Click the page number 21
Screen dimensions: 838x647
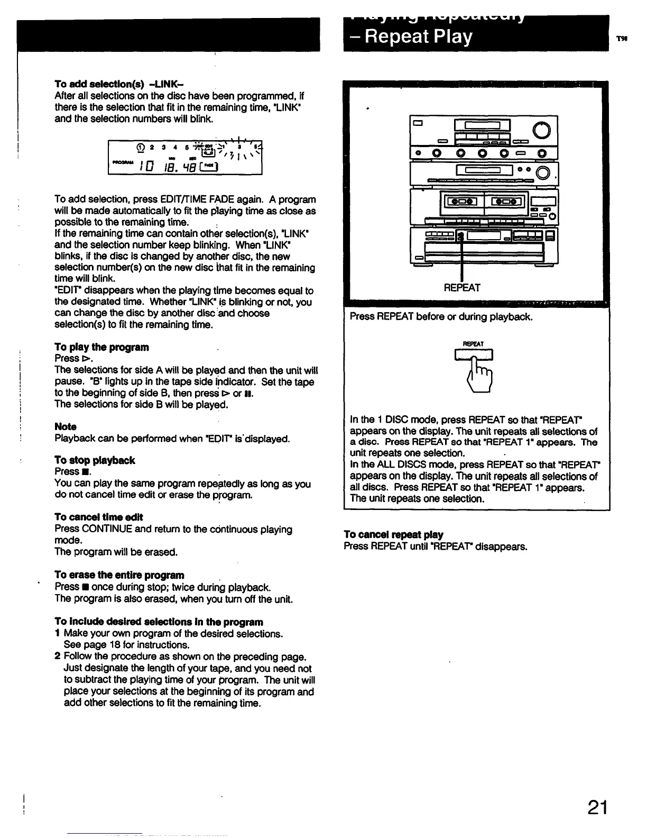click(x=597, y=808)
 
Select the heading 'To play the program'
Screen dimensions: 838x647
click(x=101, y=347)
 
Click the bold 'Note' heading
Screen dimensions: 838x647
click(x=66, y=426)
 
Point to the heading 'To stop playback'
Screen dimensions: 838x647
click(x=95, y=460)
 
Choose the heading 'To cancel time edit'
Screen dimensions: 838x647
click(x=98, y=517)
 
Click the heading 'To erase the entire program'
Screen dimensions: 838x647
click(x=119, y=575)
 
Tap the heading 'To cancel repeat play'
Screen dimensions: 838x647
click(x=393, y=534)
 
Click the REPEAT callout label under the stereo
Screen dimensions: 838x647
click(x=462, y=288)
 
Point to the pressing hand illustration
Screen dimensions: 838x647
click(x=479, y=370)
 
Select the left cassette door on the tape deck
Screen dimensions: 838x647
click(x=463, y=201)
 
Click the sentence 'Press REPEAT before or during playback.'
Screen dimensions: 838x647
click(x=441, y=317)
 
